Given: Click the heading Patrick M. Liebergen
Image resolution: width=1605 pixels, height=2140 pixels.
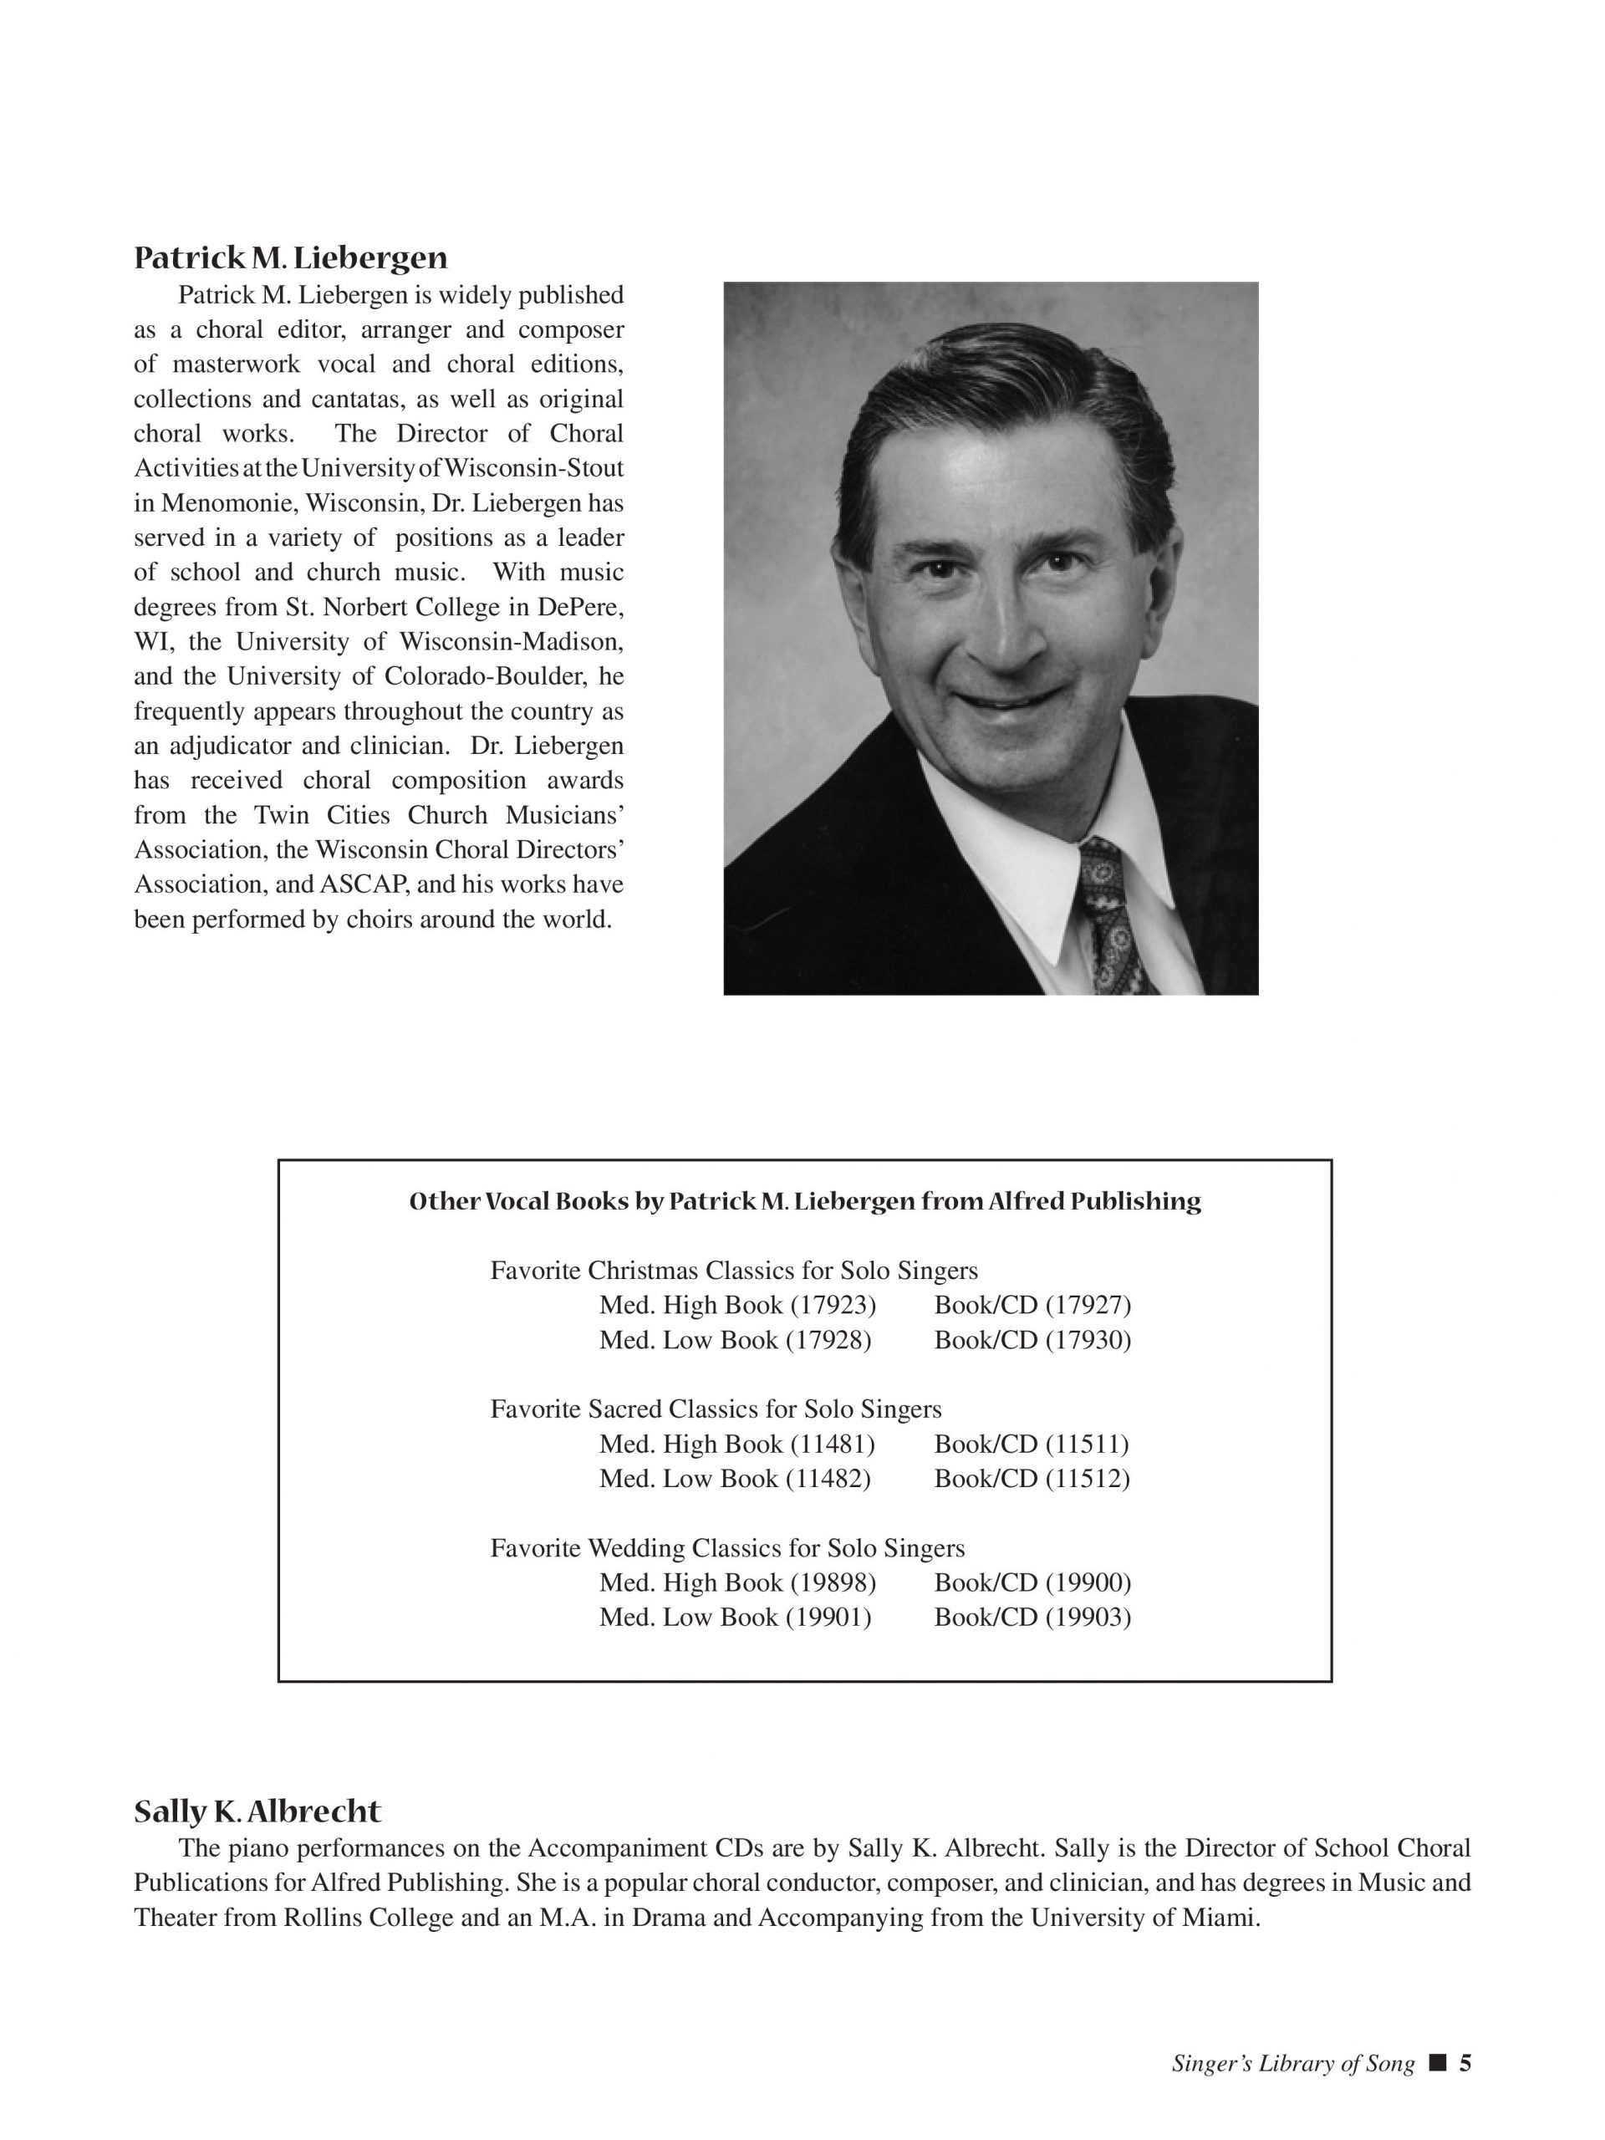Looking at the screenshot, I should click(x=290, y=258).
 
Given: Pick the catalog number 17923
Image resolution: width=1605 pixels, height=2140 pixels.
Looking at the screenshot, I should click(x=833, y=1306).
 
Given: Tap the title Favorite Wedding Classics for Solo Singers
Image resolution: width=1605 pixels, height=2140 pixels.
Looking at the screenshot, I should click(x=727, y=1549).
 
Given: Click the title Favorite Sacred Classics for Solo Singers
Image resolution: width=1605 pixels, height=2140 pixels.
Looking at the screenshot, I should click(x=716, y=1409).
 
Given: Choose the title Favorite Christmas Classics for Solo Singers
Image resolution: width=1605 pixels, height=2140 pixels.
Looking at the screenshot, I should click(x=734, y=1271).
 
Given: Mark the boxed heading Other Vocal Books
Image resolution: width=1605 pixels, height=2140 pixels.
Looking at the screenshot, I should click(x=805, y=1201).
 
